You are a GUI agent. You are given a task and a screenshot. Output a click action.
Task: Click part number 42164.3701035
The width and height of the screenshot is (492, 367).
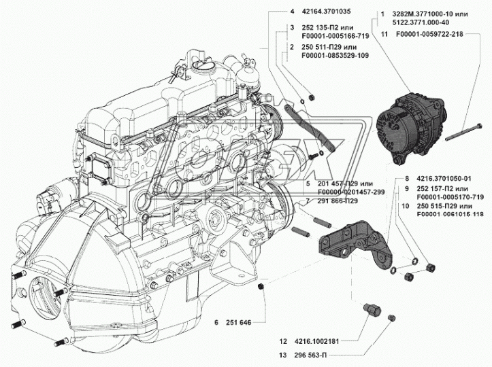(x=326, y=12)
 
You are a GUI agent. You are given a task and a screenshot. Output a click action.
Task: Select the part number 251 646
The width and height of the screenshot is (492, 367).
(x=238, y=322)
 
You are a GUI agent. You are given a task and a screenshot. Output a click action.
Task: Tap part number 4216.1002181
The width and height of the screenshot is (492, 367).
(x=317, y=341)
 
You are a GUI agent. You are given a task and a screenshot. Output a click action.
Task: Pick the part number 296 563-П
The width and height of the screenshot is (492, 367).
(x=310, y=355)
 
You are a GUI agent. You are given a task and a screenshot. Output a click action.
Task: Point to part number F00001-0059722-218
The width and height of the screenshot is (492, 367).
(x=429, y=34)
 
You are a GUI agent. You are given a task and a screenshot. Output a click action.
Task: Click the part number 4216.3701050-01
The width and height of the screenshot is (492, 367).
(x=444, y=179)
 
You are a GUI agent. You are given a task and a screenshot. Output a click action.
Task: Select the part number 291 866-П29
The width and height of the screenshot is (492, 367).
(x=338, y=201)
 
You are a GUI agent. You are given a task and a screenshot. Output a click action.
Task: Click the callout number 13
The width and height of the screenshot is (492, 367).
(x=282, y=355)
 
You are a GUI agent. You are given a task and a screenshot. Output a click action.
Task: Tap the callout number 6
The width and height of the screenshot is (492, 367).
(x=216, y=322)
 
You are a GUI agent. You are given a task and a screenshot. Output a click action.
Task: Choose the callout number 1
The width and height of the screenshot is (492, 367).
(x=382, y=14)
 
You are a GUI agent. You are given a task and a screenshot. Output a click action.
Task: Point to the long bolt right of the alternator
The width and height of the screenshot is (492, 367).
(x=463, y=133)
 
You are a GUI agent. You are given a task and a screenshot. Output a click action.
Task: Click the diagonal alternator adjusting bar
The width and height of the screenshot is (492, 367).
(x=310, y=128)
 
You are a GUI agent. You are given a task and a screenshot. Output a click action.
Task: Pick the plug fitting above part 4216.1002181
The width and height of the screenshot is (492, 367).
(x=372, y=309)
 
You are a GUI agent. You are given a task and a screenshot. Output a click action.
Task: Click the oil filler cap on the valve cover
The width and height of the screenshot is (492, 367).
(x=202, y=66)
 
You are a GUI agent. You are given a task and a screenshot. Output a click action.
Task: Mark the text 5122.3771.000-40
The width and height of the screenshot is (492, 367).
(x=421, y=22)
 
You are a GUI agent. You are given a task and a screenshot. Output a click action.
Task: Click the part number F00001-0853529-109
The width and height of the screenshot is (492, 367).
(x=335, y=56)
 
